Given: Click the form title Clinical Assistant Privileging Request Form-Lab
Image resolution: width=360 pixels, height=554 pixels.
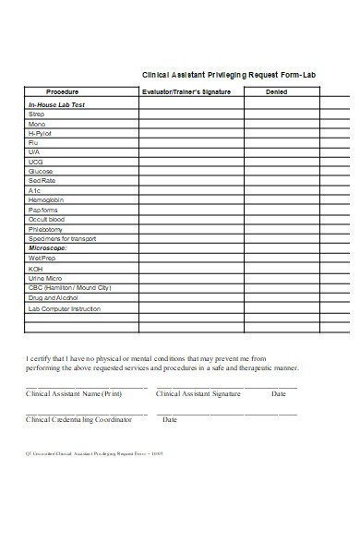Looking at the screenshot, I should [229, 75].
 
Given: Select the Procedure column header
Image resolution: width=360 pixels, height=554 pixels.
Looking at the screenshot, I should [62, 91].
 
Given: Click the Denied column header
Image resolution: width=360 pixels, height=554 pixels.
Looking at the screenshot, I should [277, 91].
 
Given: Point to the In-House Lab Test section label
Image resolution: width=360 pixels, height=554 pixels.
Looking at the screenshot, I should [56, 105].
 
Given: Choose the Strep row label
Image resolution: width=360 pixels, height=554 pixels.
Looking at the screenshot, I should [36, 114].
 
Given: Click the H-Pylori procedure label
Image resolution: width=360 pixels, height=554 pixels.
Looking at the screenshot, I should [42, 134].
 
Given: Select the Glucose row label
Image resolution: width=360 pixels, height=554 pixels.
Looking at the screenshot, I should [41, 172].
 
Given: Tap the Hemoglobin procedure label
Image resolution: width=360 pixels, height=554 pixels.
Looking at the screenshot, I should [46, 200].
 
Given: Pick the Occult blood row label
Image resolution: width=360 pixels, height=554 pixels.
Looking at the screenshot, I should [47, 219].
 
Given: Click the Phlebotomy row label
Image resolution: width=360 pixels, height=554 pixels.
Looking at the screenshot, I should [46, 229].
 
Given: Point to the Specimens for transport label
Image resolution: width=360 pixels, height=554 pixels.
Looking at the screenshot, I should [62, 238].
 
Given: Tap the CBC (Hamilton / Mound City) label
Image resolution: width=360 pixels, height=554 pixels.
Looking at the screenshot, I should [69, 288].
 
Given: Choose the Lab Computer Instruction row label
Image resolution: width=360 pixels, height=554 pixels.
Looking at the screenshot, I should [64, 307].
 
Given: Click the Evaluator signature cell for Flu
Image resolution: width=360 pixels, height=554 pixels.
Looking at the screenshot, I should [191, 143].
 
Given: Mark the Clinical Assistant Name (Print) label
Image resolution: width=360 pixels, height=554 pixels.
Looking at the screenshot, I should [74, 394].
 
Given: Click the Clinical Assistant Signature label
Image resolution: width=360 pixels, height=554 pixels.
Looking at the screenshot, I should [198, 394].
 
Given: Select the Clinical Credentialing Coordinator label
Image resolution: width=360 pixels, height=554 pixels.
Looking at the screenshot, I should [78, 420].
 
